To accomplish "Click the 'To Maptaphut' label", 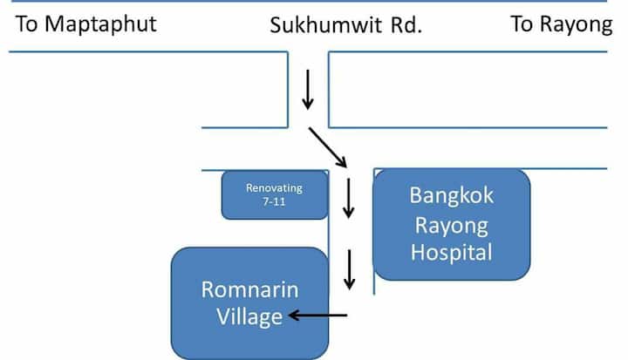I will [86, 24].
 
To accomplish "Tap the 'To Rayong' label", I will [561, 24].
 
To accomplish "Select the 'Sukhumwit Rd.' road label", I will [345, 25].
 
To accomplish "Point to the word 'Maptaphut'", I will [100, 24].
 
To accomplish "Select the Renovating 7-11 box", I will [274, 194].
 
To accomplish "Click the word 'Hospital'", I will [451, 253].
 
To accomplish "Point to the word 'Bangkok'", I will [451, 194].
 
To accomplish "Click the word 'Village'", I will [249, 316].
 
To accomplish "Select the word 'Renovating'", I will [274, 187].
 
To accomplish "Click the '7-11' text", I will [274, 201].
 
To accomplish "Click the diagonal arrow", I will [327, 146].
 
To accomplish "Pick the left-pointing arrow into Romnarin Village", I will [318, 316].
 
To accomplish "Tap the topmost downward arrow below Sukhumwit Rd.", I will [307, 91].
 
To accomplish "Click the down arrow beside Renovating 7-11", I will [349, 199].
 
